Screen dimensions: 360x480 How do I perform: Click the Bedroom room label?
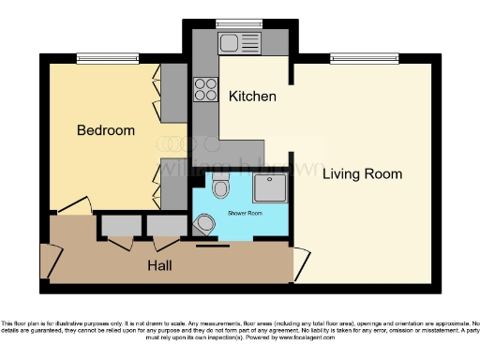(x=105, y=130)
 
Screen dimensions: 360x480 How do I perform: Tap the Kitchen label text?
(x=251, y=97)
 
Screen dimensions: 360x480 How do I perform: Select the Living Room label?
(x=362, y=173)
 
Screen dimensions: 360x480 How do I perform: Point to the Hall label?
(x=160, y=265)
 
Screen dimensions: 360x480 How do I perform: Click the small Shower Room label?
(x=245, y=214)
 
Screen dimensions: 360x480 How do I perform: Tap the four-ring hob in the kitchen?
(x=205, y=89)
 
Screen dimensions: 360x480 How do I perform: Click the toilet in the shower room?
(x=220, y=188)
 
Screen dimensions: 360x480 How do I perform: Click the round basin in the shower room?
(x=205, y=225)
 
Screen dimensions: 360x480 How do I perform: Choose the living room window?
(x=365, y=57)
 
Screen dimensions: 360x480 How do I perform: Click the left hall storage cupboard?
(x=119, y=226)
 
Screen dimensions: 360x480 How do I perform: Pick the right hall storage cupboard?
(x=166, y=226)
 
